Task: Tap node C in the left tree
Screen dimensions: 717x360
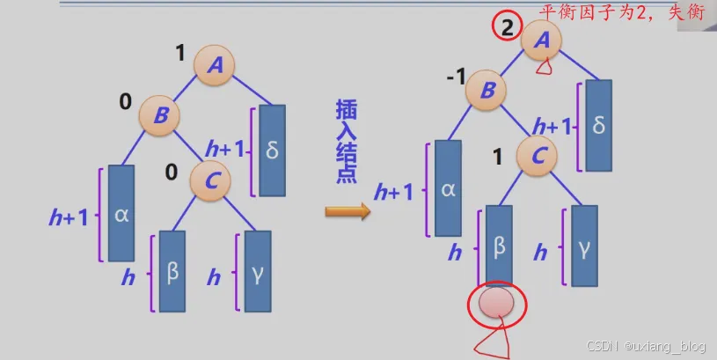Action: coord(211,180)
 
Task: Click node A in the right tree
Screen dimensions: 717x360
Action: coord(542,40)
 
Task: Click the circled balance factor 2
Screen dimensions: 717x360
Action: coord(507,27)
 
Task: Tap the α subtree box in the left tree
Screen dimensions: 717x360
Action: coord(121,213)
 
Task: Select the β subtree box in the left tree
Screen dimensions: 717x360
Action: coord(172,271)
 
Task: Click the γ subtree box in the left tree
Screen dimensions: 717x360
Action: coord(257,271)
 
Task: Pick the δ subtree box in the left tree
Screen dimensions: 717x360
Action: coord(272,151)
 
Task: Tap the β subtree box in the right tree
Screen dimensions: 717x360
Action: coord(499,246)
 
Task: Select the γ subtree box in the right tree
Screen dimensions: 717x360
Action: coord(584,246)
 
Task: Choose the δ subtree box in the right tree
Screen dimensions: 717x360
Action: coord(598,126)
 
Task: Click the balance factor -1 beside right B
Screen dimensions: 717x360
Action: coord(456,77)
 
